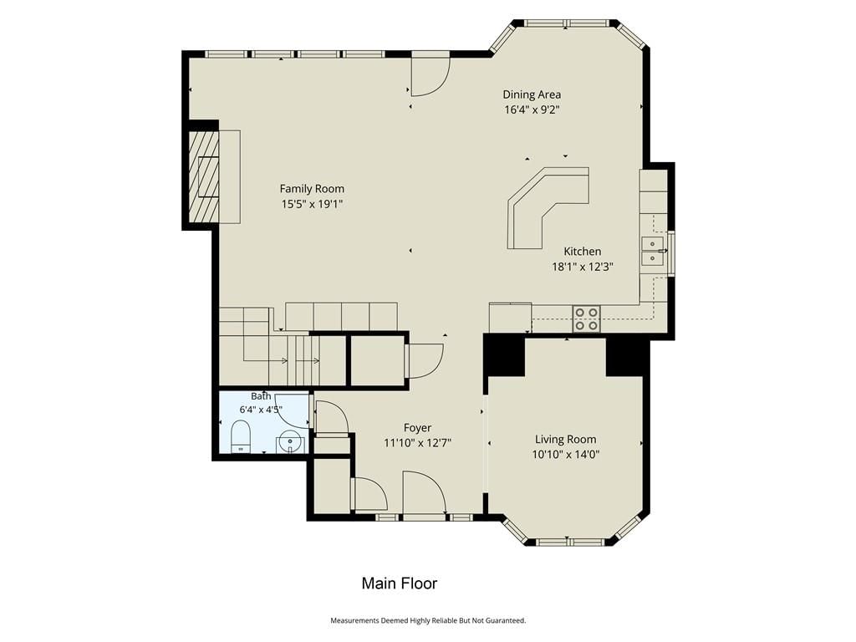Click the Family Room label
pos(312,189)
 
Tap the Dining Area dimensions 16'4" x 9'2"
pos(532,110)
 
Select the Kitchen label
pos(583,252)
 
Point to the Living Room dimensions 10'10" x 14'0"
pos(566,455)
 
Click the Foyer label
pos(418,428)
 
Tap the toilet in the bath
pos(240,436)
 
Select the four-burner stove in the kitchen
pos(586,318)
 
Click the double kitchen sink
pos(653,251)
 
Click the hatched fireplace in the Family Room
pos(203,176)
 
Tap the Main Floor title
pos(399,583)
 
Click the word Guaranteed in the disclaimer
pos(504,620)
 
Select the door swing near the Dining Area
pos(431,74)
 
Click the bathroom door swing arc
pos(293,410)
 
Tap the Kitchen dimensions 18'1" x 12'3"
pos(583,267)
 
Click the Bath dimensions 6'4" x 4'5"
pos(261,410)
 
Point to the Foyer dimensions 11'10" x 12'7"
pos(418,443)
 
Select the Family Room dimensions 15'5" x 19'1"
pos(312,204)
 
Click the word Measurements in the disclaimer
pos(354,620)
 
